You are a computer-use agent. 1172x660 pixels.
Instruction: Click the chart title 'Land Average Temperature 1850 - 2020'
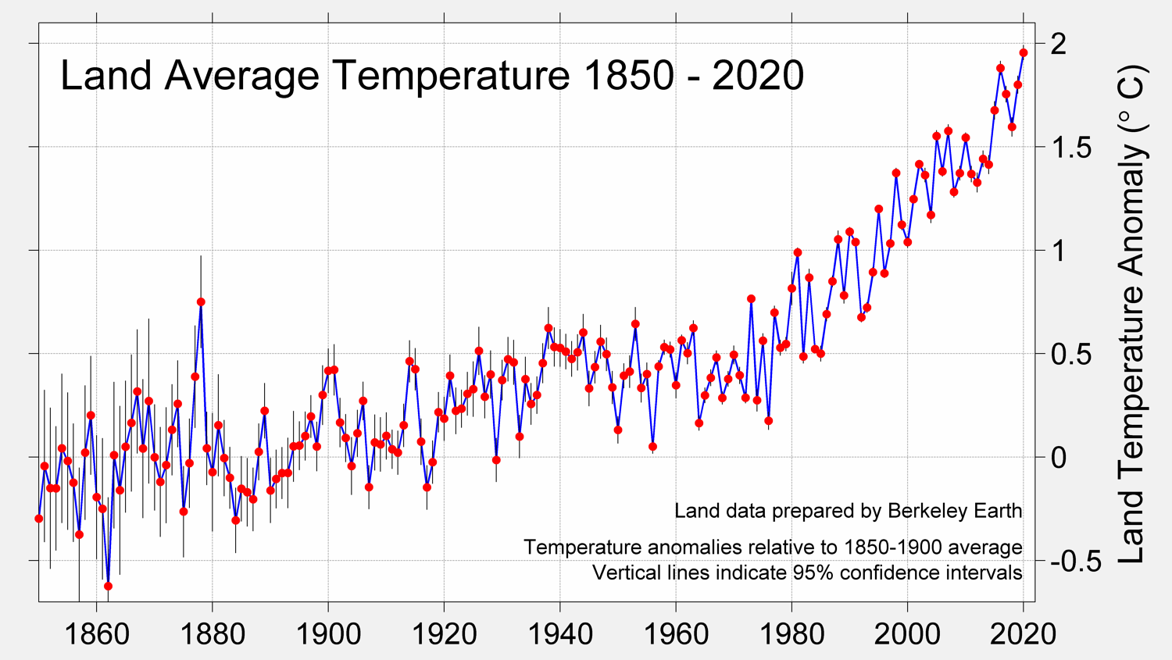[431, 76]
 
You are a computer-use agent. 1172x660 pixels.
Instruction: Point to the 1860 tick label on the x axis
[97, 633]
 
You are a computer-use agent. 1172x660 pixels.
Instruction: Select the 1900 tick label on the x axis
[328, 633]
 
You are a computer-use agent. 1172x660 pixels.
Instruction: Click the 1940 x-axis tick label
[560, 633]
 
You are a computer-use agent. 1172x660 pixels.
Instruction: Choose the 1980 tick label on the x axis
[791, 633]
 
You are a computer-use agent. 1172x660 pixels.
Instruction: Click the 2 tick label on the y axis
[1058, 44]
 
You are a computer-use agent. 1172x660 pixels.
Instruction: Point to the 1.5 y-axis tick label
[1070, 147]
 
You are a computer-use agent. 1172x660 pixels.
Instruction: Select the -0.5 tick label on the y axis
[1075, 561]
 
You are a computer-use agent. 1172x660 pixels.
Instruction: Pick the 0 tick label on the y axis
[1058, 457]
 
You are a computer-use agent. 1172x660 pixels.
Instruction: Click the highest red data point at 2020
[1024, 53]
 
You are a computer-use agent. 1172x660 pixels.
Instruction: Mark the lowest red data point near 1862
[109, 586]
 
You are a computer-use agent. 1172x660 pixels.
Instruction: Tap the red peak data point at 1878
[201, 301]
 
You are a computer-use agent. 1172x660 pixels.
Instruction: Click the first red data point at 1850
[39, 519]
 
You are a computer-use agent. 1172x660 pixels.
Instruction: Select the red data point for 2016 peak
[1000, 69]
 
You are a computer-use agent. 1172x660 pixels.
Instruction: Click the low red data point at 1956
[652, 447]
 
